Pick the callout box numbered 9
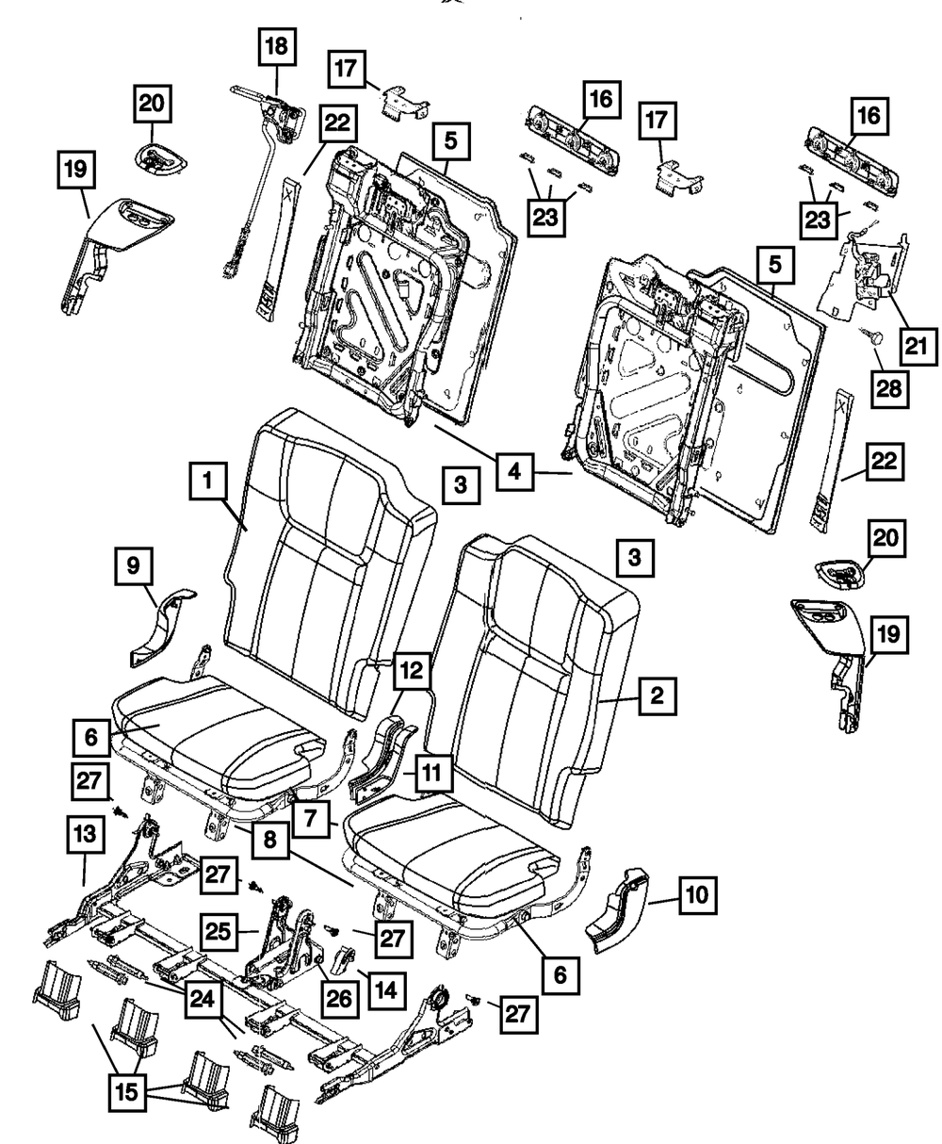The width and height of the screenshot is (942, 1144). coord(134,567)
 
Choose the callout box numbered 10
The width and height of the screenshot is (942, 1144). coord(695,894)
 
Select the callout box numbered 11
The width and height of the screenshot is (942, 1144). coord(430,776)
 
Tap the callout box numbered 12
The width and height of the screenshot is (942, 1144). coord(407,670)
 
